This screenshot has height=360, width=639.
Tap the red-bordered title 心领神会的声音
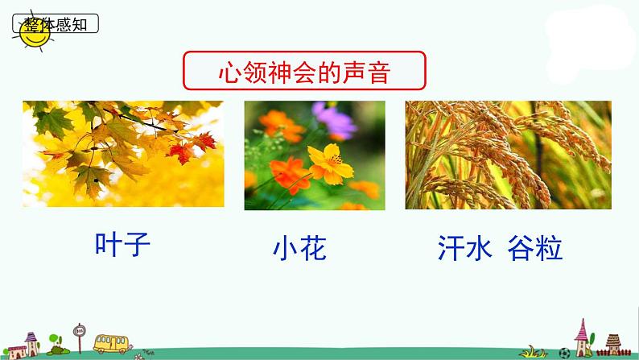click(304, 73)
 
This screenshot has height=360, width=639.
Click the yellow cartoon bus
click(113, 342)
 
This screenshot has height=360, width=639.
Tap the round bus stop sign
click(79, 331)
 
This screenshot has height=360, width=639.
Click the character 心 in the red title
click(229, 73)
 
